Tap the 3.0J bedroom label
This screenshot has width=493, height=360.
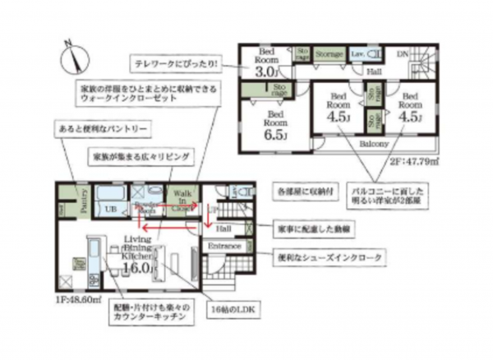pos(265,72)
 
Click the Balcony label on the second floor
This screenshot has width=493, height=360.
pos(372,143)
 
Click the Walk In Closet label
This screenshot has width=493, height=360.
pos(182,200)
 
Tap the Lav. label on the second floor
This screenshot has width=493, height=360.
pos(359,53)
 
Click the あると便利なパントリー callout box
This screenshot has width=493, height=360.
pos(99,130)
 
